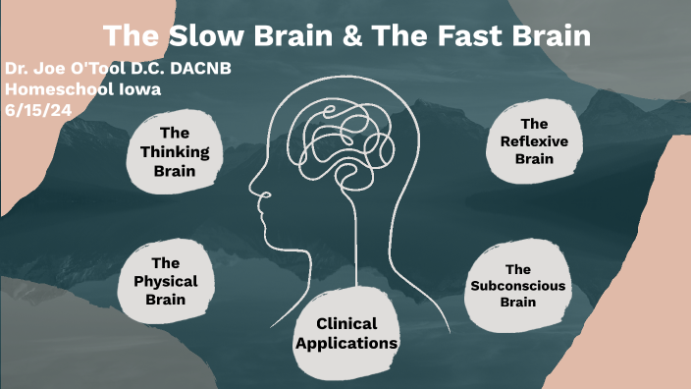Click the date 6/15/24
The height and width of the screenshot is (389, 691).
pos(32,107)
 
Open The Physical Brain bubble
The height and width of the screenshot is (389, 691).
pos(165,280)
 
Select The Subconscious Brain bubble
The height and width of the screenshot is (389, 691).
pos(517,285)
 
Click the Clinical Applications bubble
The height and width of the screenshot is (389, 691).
pos(346,333)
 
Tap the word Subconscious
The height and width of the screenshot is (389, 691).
pos(517,285)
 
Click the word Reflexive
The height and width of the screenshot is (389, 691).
pos(534,140)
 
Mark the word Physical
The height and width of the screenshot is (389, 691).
pos(165,280)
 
